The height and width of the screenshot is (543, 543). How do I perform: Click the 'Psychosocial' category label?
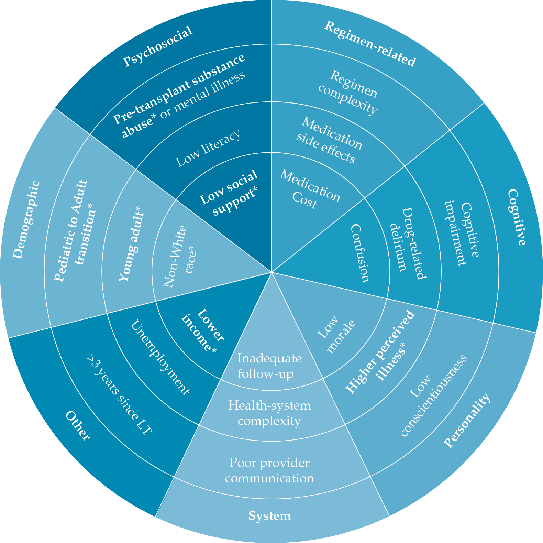158,47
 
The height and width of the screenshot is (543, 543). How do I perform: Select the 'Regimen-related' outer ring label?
370,44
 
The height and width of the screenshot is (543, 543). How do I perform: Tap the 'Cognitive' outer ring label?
517,217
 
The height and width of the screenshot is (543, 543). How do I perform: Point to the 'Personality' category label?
467,420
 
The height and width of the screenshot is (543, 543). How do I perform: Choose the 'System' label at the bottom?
269,516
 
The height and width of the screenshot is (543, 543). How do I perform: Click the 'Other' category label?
78,425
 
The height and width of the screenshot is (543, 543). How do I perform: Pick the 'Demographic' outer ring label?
26,220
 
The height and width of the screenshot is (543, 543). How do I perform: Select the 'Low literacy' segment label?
208,148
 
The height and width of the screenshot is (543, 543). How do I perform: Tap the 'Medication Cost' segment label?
308,189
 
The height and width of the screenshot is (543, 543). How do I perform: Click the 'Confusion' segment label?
361,253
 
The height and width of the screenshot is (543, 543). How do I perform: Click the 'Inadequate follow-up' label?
269,366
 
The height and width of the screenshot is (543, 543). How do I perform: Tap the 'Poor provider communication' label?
269,470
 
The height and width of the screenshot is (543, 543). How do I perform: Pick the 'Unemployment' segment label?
160,358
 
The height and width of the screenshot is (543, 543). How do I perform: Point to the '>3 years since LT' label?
119,396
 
